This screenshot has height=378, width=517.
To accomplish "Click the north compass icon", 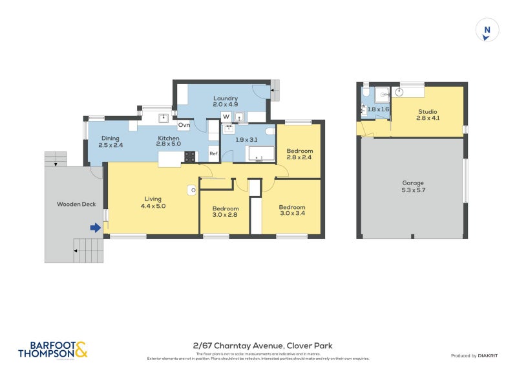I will (487, 30).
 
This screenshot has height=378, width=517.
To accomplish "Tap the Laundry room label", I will (226, 102).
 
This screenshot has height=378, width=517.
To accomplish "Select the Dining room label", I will (110, 142).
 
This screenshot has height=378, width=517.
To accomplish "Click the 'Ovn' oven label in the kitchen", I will (184, 124).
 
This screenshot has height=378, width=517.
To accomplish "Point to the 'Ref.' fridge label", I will (213, 154).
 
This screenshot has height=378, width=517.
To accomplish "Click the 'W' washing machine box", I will (226, 117).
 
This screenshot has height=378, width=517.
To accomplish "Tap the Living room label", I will (153, 202).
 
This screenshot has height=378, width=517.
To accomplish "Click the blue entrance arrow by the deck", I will (95, 227).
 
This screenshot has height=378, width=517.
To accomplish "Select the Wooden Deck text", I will (76, 205).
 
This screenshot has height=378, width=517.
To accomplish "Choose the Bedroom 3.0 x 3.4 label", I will (291, 210).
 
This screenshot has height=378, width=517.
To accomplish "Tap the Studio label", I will (427, 115).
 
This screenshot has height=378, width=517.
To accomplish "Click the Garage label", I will (412, 187).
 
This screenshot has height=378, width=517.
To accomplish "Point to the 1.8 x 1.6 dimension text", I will (378, 109).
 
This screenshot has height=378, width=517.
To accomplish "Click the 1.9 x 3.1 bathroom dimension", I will (246, 140).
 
